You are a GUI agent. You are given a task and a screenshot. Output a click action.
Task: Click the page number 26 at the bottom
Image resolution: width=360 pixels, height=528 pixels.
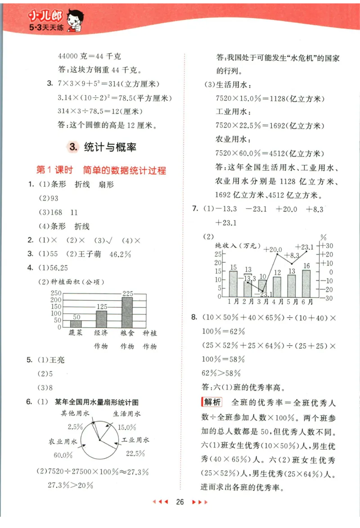180,502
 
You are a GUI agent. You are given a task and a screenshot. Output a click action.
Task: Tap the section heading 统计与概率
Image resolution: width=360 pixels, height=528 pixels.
110,147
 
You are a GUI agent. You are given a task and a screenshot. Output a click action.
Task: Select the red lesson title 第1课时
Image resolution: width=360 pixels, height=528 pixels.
54,171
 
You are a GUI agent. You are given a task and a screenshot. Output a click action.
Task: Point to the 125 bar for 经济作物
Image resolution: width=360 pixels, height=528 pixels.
101,319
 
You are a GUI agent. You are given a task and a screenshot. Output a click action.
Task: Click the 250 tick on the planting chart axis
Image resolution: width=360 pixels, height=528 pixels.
56,293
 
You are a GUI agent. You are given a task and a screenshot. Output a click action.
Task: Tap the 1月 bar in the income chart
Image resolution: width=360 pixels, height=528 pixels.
233,284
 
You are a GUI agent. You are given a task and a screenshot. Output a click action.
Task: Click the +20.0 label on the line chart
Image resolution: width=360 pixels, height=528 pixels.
273,250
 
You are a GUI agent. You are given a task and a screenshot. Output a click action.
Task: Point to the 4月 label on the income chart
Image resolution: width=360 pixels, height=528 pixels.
277,301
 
